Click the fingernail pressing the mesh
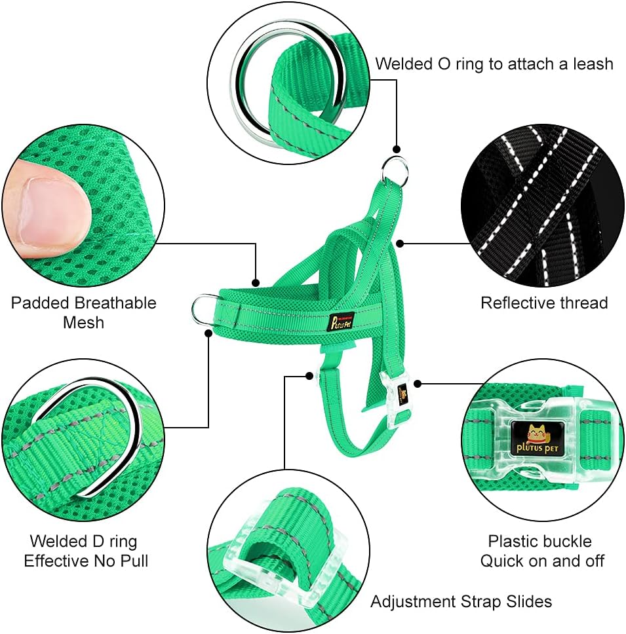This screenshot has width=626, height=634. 52,212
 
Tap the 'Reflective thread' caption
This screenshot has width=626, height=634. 544,303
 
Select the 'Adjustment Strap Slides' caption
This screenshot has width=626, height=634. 461,602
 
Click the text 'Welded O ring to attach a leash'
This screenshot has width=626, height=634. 494,64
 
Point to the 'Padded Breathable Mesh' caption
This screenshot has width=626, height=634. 83,312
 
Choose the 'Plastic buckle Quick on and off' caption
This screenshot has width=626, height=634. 542,551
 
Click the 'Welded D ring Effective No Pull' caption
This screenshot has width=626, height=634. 86,551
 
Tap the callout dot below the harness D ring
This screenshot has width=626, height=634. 208,333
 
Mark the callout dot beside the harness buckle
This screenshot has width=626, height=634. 418,383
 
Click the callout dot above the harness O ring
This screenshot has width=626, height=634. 396,149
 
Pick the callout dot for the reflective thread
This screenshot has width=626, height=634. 400,244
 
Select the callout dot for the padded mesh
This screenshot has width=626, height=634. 256,283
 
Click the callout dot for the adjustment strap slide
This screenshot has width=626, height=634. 309,376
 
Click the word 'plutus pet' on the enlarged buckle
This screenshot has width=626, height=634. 538,447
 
